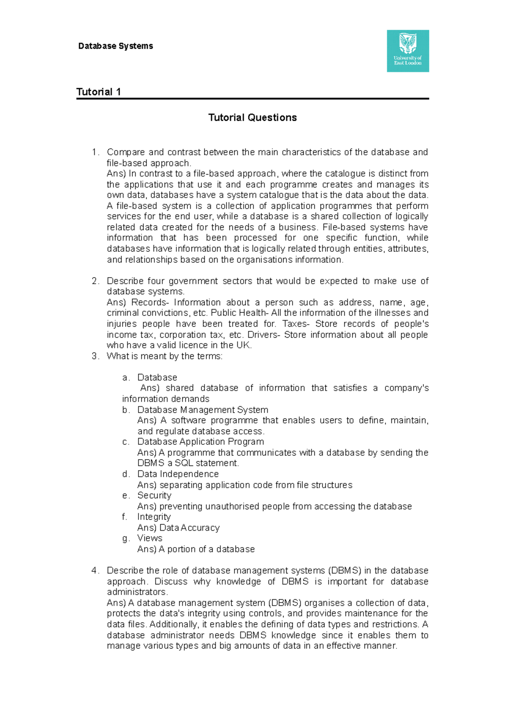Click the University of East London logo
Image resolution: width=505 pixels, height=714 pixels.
pos(408,51)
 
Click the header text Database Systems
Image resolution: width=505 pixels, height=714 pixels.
pos(116,46)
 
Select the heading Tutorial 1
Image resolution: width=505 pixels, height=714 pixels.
pos(98,92)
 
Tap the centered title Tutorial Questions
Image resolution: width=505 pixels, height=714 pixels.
pos(252,118)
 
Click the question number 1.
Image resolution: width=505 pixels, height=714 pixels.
pos(95,152)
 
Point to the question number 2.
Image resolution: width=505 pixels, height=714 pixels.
pos(95,281)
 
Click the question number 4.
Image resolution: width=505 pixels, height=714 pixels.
pos(95,571)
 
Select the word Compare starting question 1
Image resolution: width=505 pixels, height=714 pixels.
pos(125,152)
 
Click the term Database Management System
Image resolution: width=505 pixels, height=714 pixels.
pos(202,410)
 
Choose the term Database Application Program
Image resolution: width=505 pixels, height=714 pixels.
pos(200,442)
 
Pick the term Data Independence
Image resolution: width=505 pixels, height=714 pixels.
pos(178,474)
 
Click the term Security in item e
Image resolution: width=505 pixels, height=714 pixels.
pos(154,495)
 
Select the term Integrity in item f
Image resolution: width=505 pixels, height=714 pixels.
pos(154,517)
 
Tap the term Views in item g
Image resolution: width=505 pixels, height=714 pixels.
pos(149,538)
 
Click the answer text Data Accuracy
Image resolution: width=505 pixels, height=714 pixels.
pos(189,528)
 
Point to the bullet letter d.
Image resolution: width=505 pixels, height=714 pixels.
pos(125,474)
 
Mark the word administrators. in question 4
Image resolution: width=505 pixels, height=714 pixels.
pos(137,592)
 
